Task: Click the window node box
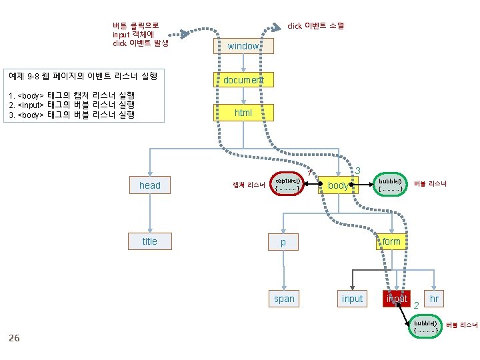coord(243,46)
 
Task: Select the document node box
coord(243,79)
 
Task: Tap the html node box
coord(243,113)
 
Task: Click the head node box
coord(150,185)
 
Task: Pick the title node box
coord(150,241)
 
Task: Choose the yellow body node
coord(338,185)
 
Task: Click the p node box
coord(283,242)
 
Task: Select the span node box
coord(284,299)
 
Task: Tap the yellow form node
coord(391,241)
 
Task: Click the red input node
coord(397,299)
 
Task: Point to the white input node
coord(352,299)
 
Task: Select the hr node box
coord(434,299)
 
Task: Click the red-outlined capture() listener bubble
coord(289,184)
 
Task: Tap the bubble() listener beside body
coord(390,184)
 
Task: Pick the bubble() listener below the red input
coord(426,327)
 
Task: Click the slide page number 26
coord(14,338)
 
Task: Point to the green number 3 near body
coord(358,171)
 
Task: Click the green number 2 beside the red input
coord(415,305)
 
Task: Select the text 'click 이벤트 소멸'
coord(315,26)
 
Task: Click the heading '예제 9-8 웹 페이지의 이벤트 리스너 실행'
coord(81,76)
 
